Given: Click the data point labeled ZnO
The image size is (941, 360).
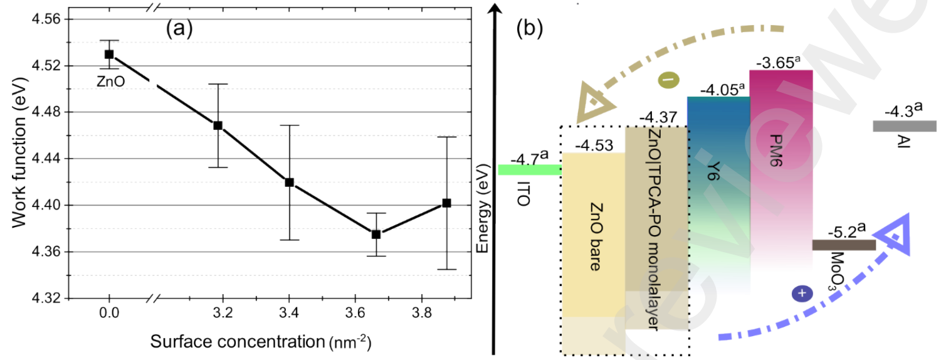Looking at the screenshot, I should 109,54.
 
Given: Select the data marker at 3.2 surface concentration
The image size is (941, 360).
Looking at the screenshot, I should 218,125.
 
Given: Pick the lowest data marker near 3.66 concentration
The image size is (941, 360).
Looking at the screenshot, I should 376,234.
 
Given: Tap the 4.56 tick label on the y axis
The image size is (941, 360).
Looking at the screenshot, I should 45,19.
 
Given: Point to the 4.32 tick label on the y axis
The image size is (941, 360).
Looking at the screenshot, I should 45,299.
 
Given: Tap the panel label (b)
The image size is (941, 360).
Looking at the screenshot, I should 530,28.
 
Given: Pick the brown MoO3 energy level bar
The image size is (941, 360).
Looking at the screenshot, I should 844,245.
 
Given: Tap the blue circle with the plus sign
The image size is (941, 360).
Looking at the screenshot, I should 802,293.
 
